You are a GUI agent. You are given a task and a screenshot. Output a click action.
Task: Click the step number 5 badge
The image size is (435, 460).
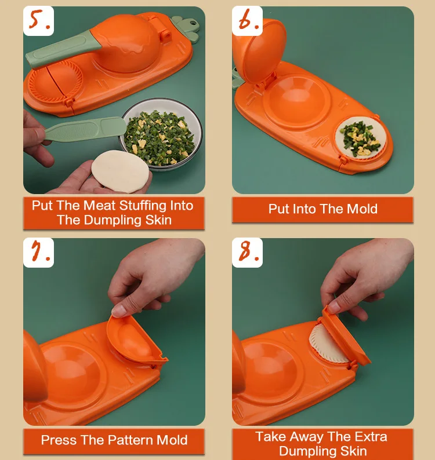[x=38, y=21]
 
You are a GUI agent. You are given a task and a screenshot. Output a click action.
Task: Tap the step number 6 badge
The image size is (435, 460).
[x=247, y=21]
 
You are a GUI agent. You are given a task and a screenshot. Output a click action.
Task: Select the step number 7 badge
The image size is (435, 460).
[x=38, y=253]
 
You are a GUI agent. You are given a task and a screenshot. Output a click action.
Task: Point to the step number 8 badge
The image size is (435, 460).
[x=247, y=253]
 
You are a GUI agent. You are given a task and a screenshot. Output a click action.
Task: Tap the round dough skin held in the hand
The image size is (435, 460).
[x=121, y=171]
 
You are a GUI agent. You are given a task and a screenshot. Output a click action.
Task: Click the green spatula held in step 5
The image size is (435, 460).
[x=85, y=129]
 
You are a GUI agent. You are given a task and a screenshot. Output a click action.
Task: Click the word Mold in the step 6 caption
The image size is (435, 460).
[x=362, y=209]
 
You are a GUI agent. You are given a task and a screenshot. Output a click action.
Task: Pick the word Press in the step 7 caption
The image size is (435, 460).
[x=59, y=440]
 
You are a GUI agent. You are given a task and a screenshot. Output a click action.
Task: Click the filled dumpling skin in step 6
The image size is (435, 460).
[x=361, y=138]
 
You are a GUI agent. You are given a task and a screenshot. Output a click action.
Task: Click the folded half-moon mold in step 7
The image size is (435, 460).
[x=135, y=340]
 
